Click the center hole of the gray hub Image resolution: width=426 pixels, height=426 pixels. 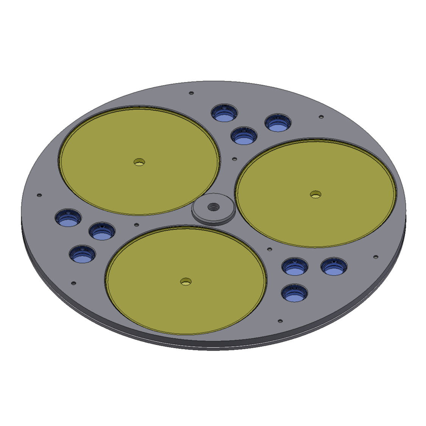tap(214, 207)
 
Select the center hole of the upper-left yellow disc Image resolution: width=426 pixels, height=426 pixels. tap(139, 162)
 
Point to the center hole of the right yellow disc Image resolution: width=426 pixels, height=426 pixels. tap(315, 195)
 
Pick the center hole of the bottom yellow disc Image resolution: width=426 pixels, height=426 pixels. tap(186, 282)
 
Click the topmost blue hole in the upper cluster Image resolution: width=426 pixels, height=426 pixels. tap(225, 113)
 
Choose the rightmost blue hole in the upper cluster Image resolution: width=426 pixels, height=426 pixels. tap(278, 123)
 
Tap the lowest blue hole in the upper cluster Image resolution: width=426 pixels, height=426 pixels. tap(244, 136)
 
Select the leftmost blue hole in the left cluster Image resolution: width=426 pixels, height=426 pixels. tap(68, 218)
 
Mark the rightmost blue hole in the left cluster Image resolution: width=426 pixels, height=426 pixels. tap(102, 231)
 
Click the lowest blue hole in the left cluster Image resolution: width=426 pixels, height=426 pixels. tap(83, 254)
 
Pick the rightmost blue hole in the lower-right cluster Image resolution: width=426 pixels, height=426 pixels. tap(334, 267)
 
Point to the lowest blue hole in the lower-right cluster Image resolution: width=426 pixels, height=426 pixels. tap(295, 293)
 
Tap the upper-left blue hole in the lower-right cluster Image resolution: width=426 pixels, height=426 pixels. tap(295, 267)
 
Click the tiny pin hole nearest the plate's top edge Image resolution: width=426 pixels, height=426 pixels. tap(191, 93)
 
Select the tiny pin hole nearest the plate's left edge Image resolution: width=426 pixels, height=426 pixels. tap(39, 195)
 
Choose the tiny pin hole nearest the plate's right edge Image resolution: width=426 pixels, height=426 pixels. tap(376, 257)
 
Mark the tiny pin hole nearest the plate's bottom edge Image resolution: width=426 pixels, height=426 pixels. tap(280, 321)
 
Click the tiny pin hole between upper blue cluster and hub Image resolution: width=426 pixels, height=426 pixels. tap(234, 159)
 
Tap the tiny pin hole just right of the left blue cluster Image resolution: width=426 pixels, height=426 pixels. tap(137, 225)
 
